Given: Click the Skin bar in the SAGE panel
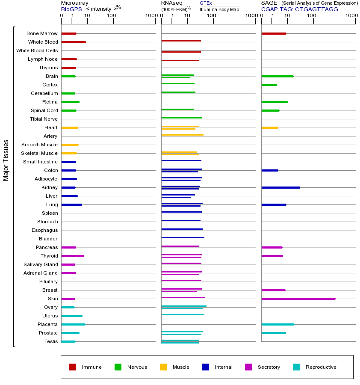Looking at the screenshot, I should click(298, 299).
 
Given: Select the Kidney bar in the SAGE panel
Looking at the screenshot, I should click(280, 187).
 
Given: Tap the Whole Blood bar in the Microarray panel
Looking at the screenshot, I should click(74, 42).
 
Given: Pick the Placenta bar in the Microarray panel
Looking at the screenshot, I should click(73, 324).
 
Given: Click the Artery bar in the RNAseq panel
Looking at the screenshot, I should click(182, 135).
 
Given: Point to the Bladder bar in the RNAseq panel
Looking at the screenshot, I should click(183, 237).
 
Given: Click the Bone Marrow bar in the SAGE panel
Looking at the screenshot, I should click(274, 33).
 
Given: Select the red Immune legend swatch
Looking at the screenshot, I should click(73, 367).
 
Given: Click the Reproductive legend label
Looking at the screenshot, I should click(321, 367).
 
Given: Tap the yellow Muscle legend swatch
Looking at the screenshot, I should click(163, 367).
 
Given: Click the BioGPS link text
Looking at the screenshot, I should click(71, 9).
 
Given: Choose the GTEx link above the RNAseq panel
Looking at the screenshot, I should click(206, 3).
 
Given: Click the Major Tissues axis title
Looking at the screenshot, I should click(6, 160).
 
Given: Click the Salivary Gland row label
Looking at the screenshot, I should click(41, 264).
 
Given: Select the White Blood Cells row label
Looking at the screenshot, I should click(37, 50).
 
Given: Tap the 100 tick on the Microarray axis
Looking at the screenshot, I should click(112, 16).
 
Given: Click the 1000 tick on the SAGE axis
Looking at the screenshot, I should click(351, 16).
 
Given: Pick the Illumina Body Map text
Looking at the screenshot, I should click(219, 9).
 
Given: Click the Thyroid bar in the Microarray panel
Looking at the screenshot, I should click(73, 256).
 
